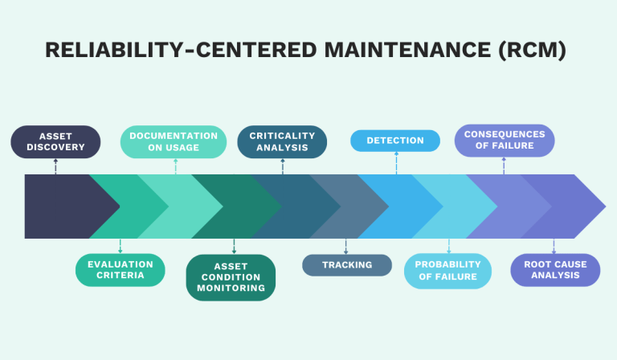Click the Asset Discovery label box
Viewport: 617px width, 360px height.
point(55,141)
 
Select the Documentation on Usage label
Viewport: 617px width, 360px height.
point(174,141)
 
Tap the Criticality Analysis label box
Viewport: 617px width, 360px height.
point(282,141)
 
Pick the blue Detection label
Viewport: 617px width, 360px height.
point(395,141)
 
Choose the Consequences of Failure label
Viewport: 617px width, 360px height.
point(505,141)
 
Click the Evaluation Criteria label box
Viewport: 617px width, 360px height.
point(120,270)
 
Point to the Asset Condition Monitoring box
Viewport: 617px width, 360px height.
point(231,277)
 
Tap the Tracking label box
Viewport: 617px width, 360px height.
point(347,265)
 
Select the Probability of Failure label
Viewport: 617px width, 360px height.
point(447,271)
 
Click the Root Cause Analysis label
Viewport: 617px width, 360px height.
point(555,270)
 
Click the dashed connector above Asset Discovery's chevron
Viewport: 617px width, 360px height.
point(55,166)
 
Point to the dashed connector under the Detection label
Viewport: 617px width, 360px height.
point(396,162)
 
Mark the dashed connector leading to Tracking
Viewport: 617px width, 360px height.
point(346,247)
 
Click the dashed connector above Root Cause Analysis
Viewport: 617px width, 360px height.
point(554,247)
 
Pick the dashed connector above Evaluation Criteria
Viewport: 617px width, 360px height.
point(120,246)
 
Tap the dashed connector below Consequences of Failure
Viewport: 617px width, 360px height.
point(504,166)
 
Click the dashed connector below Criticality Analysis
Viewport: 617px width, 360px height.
point(283,166)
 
